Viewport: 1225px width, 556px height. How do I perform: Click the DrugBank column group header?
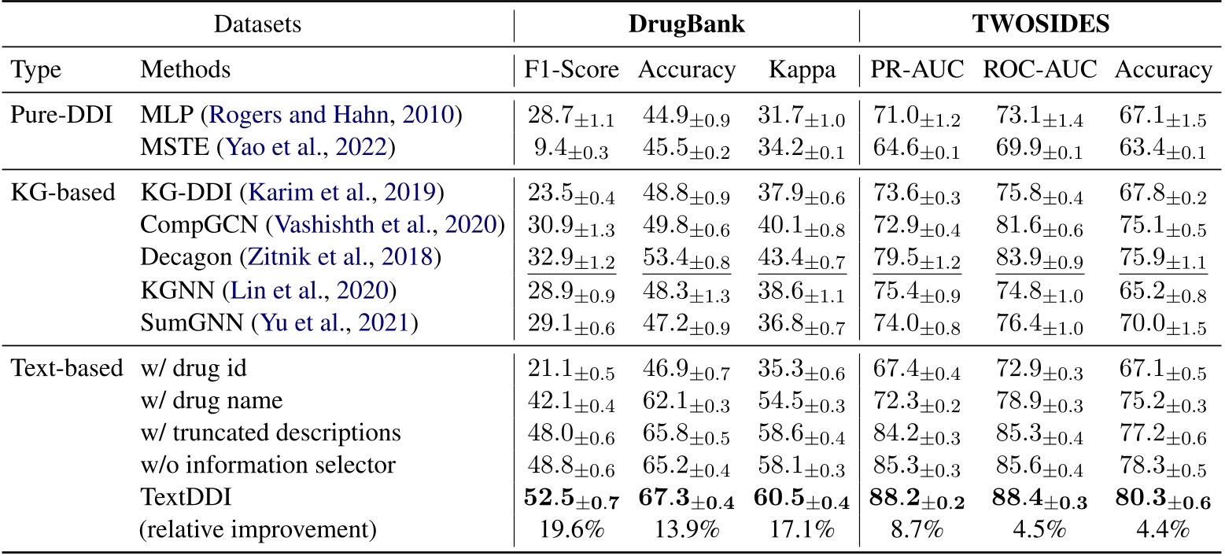click(x=686, y=24)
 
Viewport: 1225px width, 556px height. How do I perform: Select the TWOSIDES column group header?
click(x=1042, y=24)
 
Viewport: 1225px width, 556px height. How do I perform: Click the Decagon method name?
click(x=179, y=256)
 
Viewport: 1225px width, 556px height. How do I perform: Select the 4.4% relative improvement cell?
click(x=1162, y=529)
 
